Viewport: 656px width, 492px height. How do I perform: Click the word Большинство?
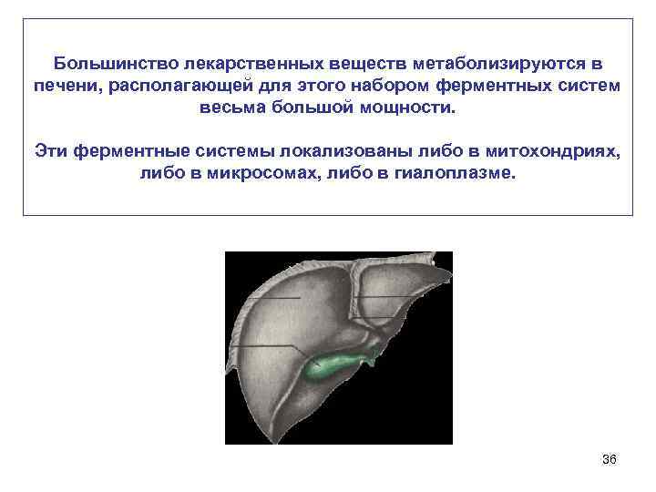[115, 65]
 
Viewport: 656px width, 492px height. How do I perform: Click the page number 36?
[610, 460]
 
